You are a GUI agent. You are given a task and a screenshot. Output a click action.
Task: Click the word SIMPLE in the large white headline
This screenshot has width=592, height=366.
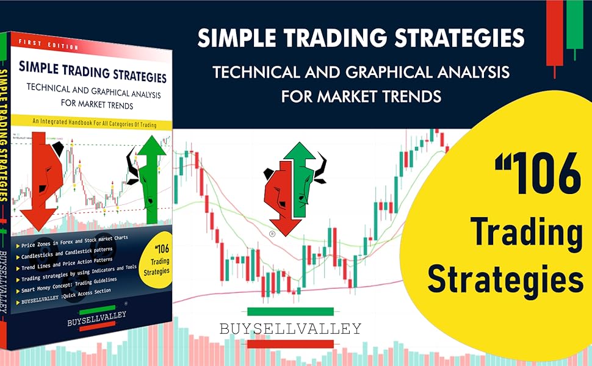[236, 38]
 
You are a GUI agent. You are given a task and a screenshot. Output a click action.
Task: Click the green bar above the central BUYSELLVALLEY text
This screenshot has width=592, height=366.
[291, 311]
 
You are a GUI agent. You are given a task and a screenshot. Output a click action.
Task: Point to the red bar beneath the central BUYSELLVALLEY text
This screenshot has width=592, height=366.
[291, 344]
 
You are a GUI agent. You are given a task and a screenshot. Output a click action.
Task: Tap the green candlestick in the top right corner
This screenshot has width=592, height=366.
[574, 24]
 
